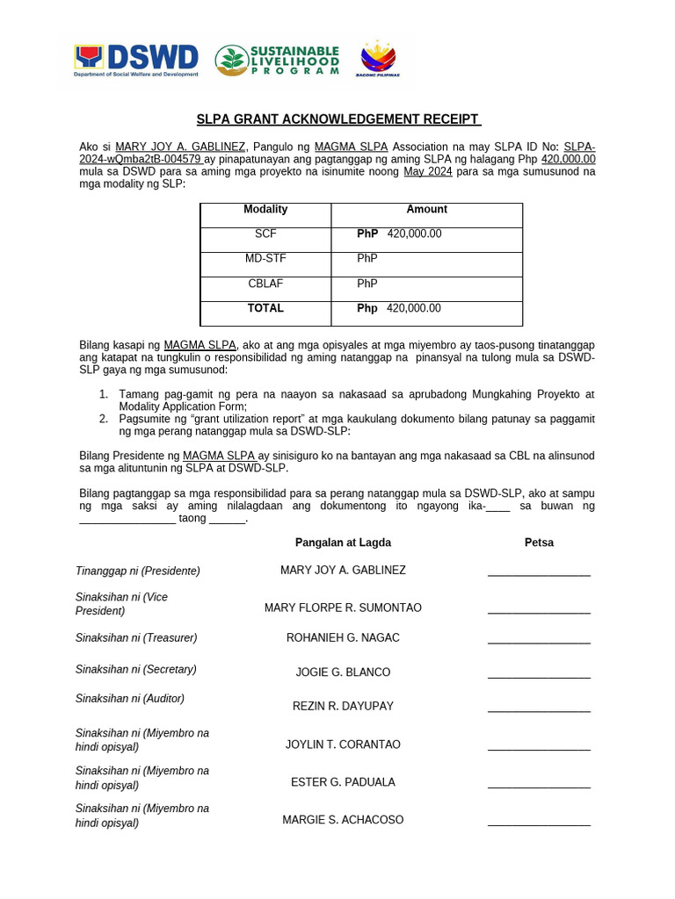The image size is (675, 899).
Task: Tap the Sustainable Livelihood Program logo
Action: [278, 60]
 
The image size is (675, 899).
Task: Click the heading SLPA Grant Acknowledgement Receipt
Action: [337, 119]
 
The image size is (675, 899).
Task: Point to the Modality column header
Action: [265, 210]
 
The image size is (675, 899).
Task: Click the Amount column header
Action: [426, 210]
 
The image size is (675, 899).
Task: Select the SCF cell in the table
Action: [265, 234]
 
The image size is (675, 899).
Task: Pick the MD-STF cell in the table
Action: [265, 259]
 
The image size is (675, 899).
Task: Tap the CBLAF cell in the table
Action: [265, 284]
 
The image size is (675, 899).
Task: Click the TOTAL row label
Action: [265, 309]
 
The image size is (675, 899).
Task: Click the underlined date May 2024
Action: [427, 172]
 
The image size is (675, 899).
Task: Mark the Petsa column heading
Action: [539, 543]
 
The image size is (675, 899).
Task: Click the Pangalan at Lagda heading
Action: [343, 543]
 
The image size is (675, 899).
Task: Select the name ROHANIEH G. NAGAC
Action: [343, 638]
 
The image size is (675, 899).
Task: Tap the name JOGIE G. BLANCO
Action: [343, 672]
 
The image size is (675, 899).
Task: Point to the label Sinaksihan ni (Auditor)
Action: [130, 700]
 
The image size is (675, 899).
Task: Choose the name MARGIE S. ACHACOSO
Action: [343, 820]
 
